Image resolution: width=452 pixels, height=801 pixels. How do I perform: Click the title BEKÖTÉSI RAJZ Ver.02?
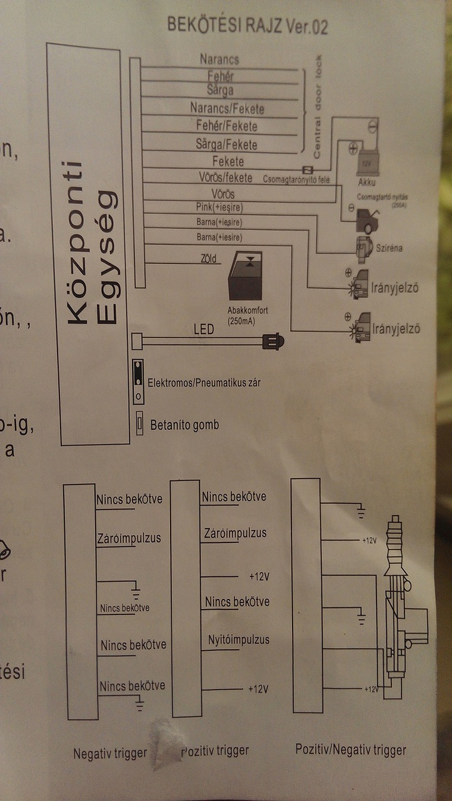tap(247, 26)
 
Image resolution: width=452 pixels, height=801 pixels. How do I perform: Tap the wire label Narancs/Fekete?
tap(227, 109)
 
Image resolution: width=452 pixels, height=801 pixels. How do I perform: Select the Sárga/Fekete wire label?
tap(227, 145)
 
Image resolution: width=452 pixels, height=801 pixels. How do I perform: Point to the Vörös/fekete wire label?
tap(225, 178)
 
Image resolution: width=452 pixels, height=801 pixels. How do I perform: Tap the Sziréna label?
tap(389, 248)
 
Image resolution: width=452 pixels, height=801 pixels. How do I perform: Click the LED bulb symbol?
tap(273, 342)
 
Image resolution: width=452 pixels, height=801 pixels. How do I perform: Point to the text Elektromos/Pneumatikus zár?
tap(203, 382)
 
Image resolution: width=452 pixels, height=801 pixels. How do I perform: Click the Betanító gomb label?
tap(184, 426)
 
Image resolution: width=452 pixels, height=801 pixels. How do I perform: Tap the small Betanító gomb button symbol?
tap(140, 425)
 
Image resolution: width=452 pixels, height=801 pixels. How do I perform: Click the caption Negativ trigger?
tap(110, 753)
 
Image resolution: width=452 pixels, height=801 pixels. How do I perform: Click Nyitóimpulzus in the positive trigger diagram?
tap(238, 640)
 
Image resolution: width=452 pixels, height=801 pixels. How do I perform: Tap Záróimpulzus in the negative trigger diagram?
tap(129, 538)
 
